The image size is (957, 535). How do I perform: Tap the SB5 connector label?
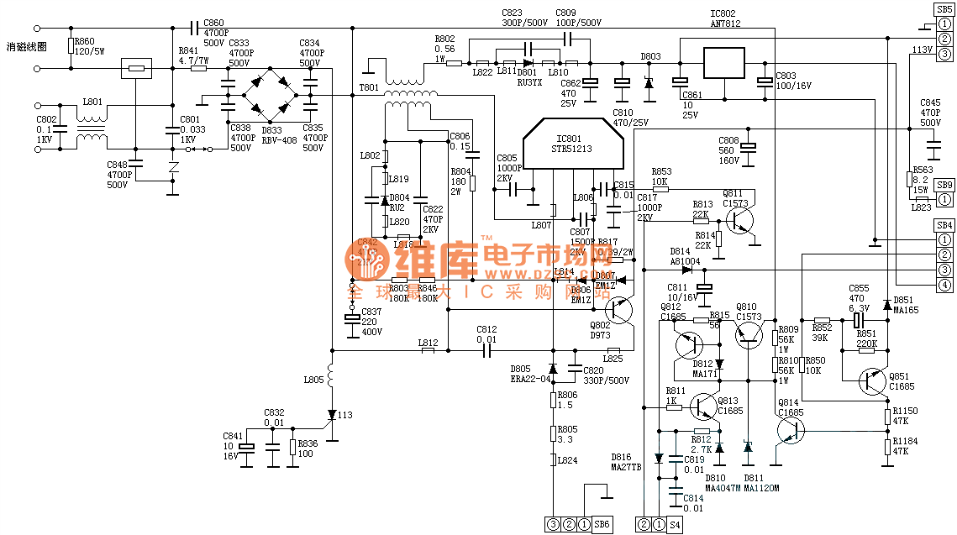click(944, 8)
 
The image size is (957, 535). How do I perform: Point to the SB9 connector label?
click(944, 185)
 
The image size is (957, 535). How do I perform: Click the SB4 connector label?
click(944, 225)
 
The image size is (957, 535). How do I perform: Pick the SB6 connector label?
click(602, 524)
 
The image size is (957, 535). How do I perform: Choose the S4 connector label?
click(675, 524)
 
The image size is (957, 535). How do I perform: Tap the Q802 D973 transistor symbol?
click(619, 310)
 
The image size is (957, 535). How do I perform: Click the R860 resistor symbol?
click(71, 45)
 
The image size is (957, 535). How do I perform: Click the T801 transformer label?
click(369, 87)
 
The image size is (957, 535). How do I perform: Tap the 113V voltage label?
click(922, 50)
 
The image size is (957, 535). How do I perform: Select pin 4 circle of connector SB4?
click(944, 286)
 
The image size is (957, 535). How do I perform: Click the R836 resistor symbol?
click(292, 447)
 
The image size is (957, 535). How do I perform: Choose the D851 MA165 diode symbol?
click(887, 304)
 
